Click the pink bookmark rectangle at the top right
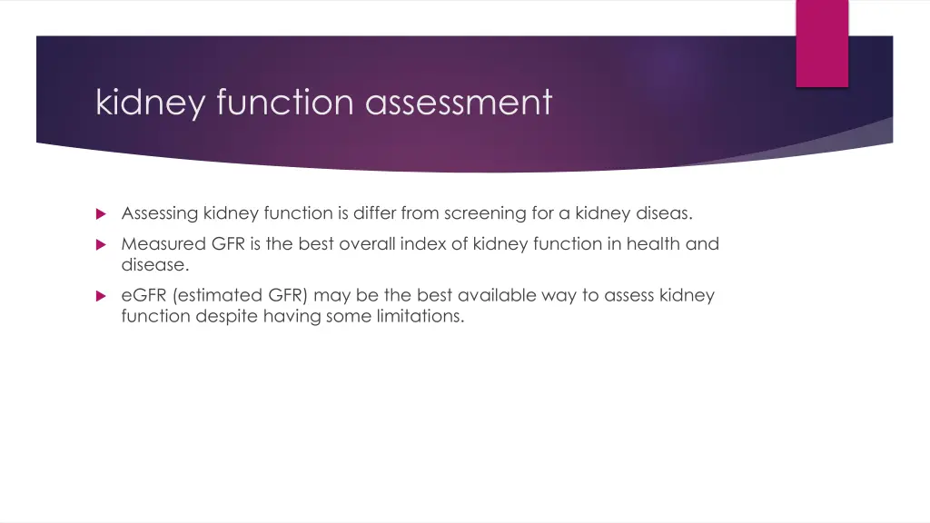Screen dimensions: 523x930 point(822,43)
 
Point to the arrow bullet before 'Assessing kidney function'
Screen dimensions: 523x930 point(101,214)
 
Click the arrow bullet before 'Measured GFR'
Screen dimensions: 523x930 point(101,244)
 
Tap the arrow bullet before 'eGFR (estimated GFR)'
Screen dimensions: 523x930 point(101,296)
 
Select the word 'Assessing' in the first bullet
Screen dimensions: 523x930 point(160,214)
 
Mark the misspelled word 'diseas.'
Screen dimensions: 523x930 point(660,214)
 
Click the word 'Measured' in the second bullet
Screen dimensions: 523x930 point(163,244)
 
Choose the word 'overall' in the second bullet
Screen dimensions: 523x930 point(370,244)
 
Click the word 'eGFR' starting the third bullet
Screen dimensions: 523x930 point(142,296)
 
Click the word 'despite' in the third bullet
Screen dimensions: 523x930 point(225,317)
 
